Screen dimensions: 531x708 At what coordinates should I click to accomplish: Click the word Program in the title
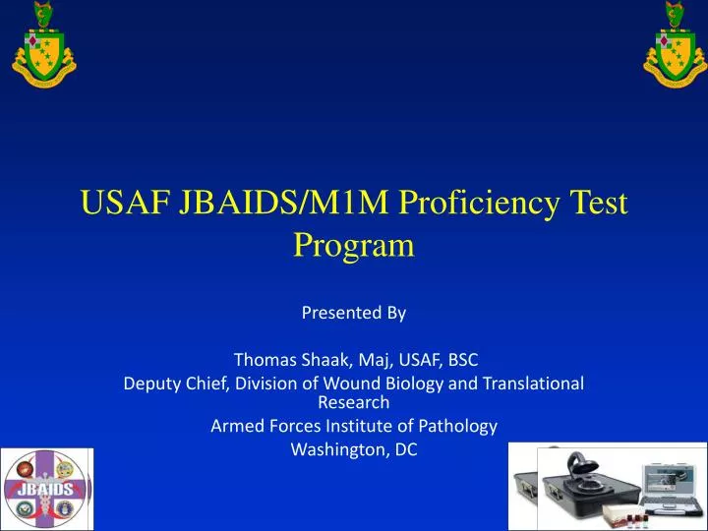tap(354, 245)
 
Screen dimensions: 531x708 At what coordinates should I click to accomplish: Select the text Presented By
tap(353, 313)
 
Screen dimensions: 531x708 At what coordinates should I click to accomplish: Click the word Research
tap(354, 401)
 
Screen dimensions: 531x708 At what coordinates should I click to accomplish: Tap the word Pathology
tap(461, 426)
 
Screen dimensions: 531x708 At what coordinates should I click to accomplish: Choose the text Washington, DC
tap(354, 449)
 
